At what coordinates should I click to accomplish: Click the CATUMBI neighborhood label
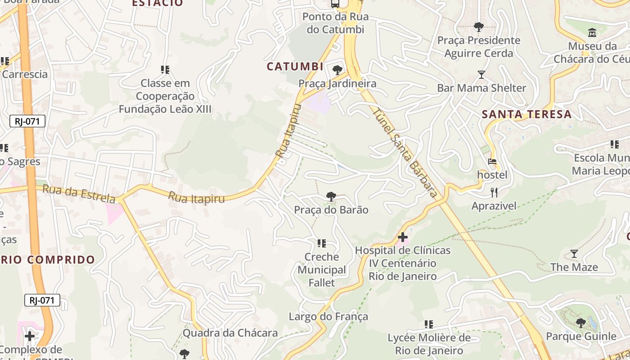coord(295,67)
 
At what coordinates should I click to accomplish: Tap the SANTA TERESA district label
coord(526,114)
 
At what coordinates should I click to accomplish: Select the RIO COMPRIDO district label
coord(48,260)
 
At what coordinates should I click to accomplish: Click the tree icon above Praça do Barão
coord(331,197)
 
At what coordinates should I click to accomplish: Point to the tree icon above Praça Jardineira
coord(337,70)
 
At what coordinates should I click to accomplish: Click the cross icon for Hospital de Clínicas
coord(403,237)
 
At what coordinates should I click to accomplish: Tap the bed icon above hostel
coord(492,162)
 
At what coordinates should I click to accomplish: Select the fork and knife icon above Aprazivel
coord(494,193)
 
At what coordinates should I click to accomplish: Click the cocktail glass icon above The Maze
coord(574,254)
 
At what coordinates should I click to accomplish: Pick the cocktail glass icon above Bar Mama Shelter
coord(481,75)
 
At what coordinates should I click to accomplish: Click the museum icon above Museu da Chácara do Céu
coord(592,33)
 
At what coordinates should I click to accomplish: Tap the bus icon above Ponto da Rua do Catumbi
coord(335,4)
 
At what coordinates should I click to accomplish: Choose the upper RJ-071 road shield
coord(27,121)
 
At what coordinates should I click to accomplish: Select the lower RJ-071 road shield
coord(42,300)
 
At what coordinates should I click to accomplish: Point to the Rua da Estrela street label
coord(79,194)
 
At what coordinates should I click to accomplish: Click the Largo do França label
coord(328,317)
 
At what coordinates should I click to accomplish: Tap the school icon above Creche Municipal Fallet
coord(321,243)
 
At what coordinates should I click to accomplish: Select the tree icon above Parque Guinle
coord(581,323)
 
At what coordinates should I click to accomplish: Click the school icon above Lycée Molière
coord(429,324)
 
